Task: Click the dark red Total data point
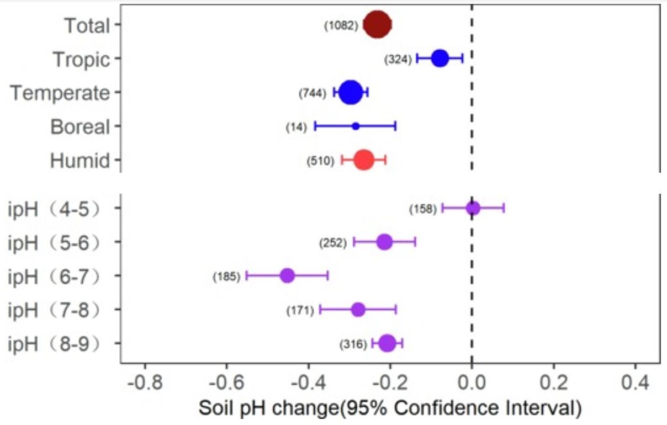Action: [x=378, y=25]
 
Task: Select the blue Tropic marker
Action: [x=440, y=58]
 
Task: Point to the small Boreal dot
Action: [x=356, y=126]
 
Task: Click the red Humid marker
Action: [x=364, y=160]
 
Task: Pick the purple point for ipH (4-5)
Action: [x=473, y=208]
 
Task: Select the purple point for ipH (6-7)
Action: [x=287, y=275]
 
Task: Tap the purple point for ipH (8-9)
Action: [x=387, y=343]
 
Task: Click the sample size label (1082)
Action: [x=341, y=25]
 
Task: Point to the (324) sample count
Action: [x=398, y=59]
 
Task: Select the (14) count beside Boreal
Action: [x=296, y=127]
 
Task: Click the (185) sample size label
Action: [x=226, y=277]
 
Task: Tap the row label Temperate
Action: [x=60, y=93]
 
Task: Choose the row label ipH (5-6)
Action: [x=54, y=242]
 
